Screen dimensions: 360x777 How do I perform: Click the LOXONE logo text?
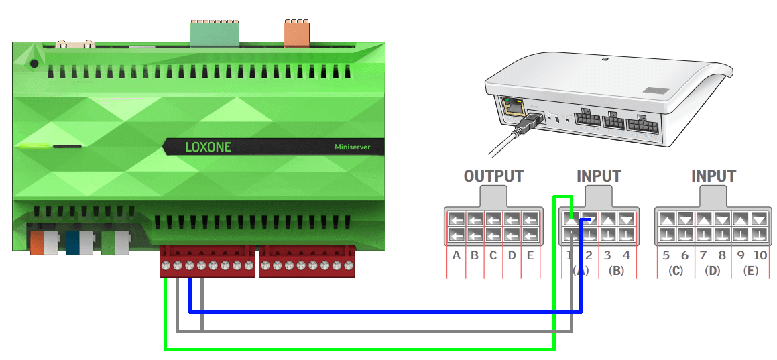[208, 146]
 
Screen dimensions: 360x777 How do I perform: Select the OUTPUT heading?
[493, 176]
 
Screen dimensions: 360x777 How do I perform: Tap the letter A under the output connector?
[457, 255]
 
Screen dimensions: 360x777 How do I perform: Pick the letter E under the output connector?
[530, 255]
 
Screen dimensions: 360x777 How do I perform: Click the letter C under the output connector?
[493, 255]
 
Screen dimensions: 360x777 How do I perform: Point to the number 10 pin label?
[759, 255]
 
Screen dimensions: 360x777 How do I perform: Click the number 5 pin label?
[666, 255]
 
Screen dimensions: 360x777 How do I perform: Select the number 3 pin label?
[607, 255]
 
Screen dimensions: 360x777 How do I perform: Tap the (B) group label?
[617, 271]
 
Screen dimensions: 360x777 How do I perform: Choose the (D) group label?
[713, 271]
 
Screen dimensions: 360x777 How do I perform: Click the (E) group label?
[750, 271]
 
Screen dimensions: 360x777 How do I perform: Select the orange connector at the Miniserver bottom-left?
[40, 243]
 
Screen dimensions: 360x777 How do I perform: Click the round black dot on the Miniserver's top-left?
[34, 64]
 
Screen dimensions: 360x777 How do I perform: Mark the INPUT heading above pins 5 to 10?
[713, 176]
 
